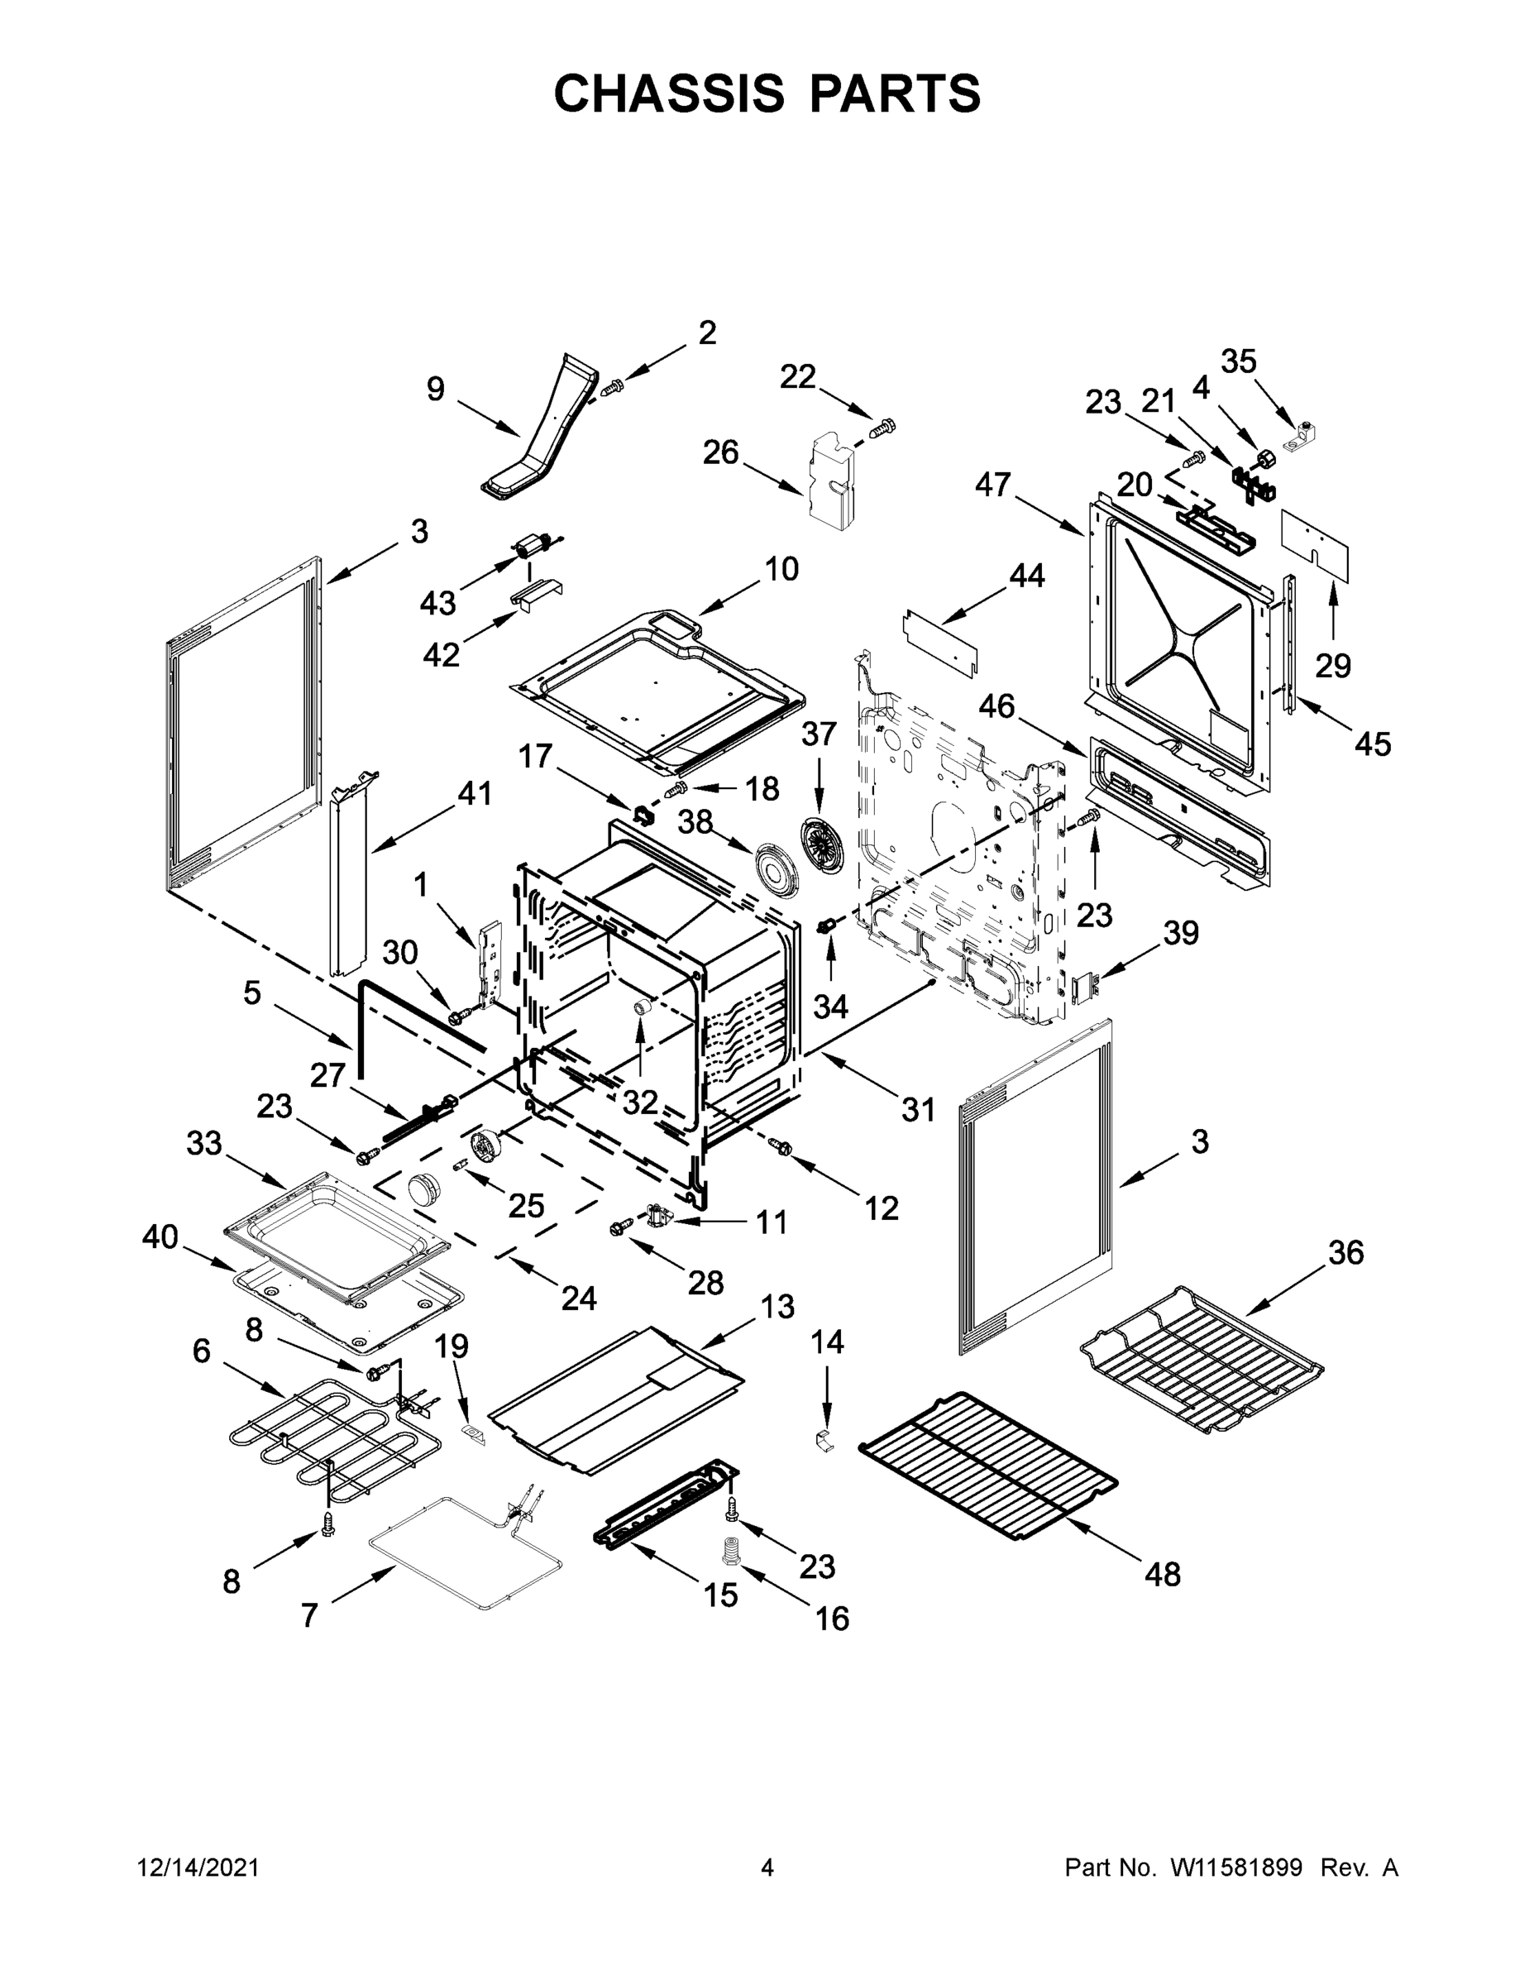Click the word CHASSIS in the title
click(x=669, y=93)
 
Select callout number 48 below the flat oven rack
click(x=1163, y=1573)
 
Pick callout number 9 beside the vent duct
click(x=435, y=389)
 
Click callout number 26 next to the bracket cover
click(x=720, y=452)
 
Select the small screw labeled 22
click(x=882, y=425)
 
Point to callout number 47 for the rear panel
click(x=992, y=485)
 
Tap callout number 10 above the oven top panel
click(x=781, y=570)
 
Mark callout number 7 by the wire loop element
click(x=309, y=1615)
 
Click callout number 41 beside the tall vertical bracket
click(x=474, y=793)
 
